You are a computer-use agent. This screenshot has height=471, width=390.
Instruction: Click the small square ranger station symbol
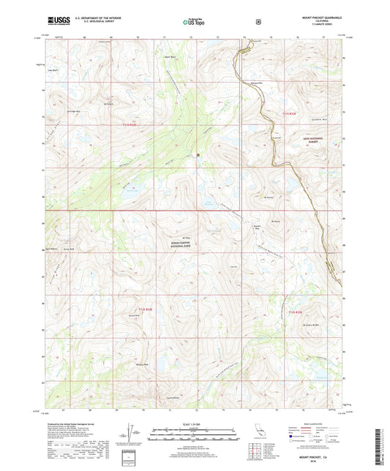197,154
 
